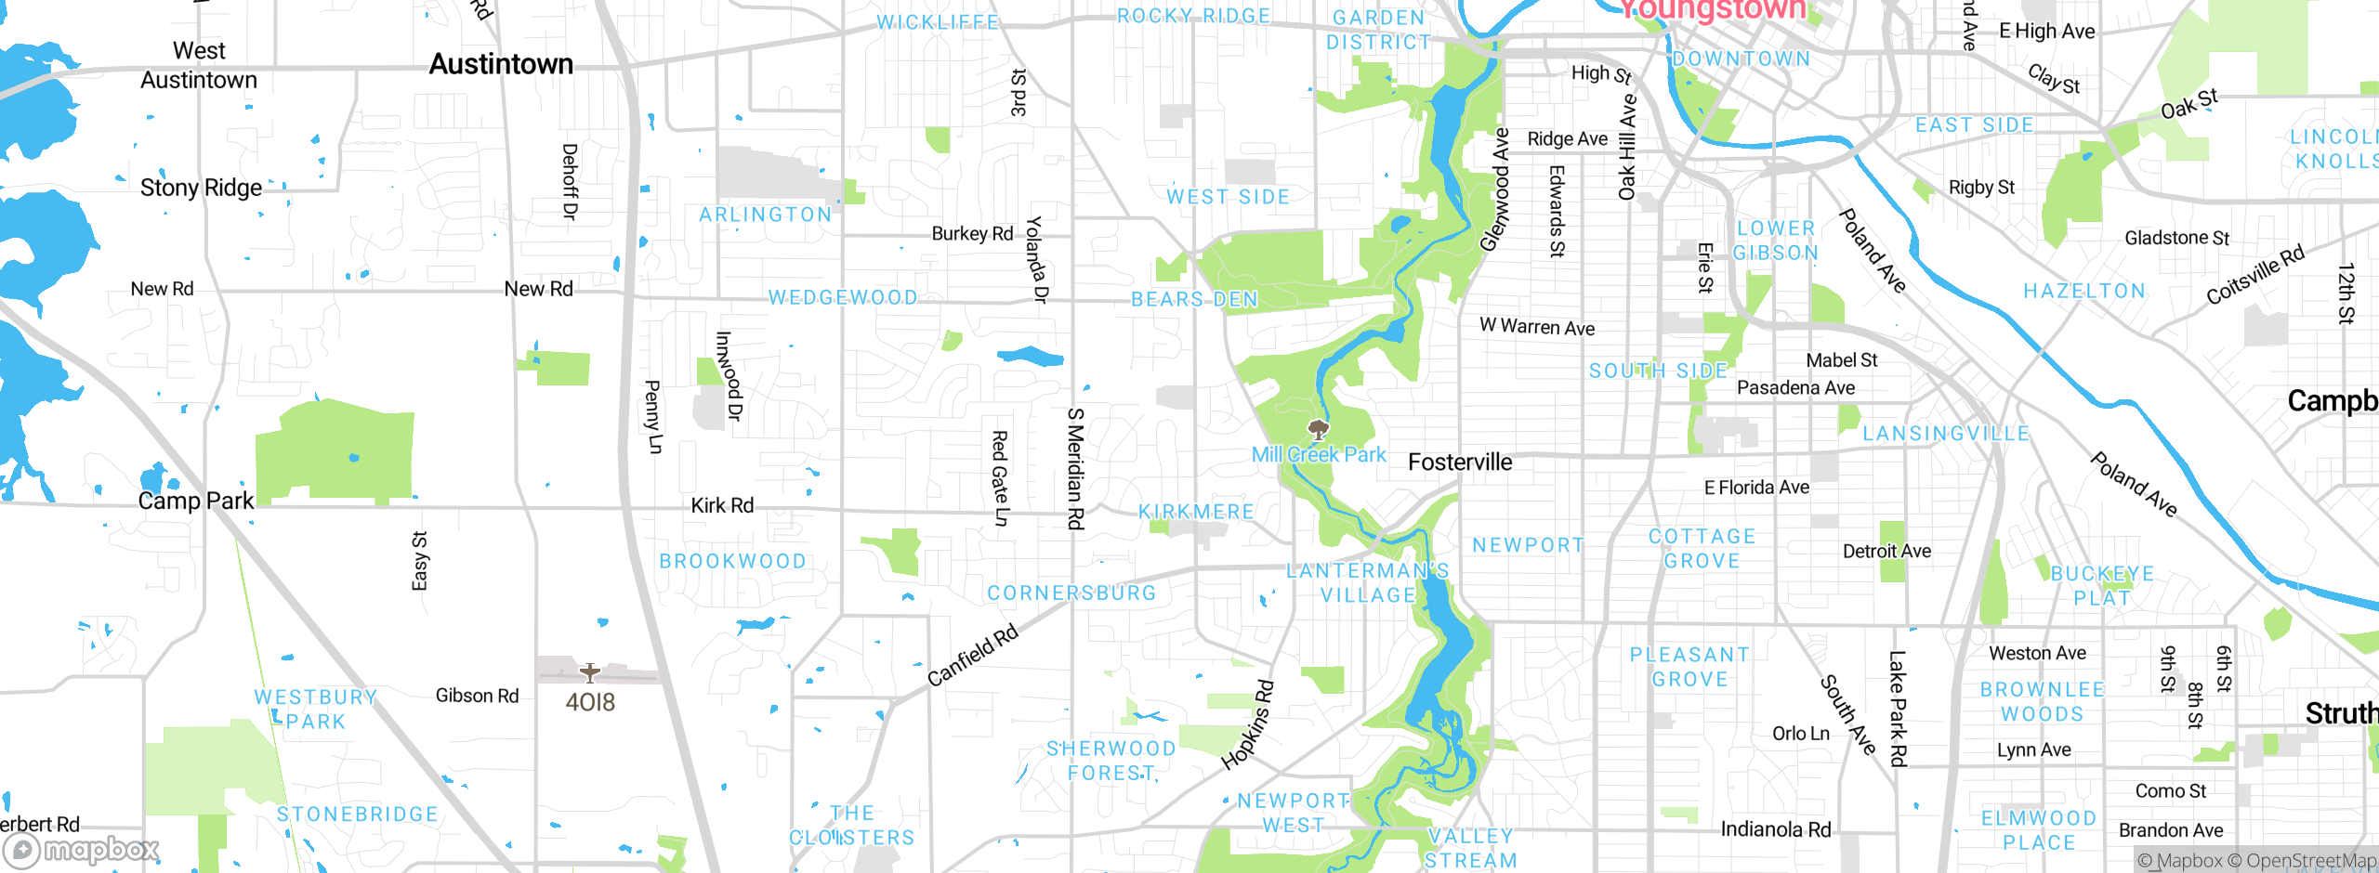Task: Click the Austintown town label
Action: point(501,64)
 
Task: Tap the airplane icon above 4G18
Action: point(589,672)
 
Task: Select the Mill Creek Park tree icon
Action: point(1318,429)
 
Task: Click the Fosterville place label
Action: point(1460,463)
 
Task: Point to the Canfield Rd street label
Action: point(973,656)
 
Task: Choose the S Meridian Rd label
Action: point(1075,468)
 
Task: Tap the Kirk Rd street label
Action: point(722,505)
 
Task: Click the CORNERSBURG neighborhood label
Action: point(1071,593)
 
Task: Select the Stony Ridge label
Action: point(201,188)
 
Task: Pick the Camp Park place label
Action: point(195,501)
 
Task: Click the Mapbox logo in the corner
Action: point(82,850)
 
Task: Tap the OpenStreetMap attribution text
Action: point(2309,861)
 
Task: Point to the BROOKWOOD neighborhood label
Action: point(732,561)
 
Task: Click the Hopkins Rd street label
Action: point(1248,725)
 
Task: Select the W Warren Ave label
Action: point(1537,327)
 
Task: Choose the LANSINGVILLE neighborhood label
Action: point(1946,434)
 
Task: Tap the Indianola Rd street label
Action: point(1775,829)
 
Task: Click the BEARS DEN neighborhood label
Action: point(1194,299)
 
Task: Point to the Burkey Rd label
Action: point(972,233)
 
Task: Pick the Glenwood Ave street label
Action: point(1495,190)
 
